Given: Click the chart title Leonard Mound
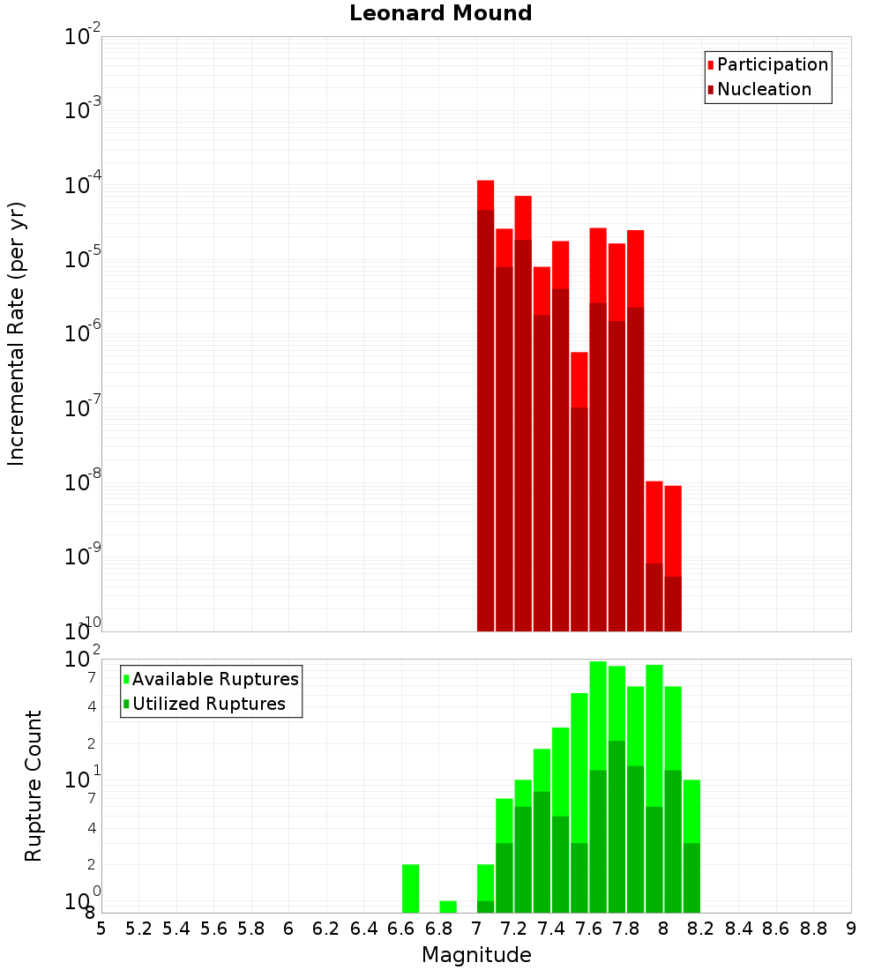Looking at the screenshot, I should pos(440,13).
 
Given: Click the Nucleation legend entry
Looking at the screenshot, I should pos(764,89).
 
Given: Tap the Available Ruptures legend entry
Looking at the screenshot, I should pos(215,679).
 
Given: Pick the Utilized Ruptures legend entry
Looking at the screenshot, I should pos(208,704).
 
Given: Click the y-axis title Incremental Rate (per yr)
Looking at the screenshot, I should pos(17,333).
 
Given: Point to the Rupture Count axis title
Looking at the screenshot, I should pos(34,785).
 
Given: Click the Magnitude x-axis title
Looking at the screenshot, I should pos(476,955).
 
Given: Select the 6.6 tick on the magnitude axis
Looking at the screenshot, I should pos(401,929).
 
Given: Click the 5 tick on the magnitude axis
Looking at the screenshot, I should pos(101,929).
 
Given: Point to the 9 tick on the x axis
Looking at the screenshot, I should pos(851,929).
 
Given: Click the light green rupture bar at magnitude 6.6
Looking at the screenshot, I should pos(410,889).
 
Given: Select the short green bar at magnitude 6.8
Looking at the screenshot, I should pos(448,907).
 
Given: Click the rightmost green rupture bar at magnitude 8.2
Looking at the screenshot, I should pos(691,847).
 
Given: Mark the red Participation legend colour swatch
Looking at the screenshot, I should pos(710,64).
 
